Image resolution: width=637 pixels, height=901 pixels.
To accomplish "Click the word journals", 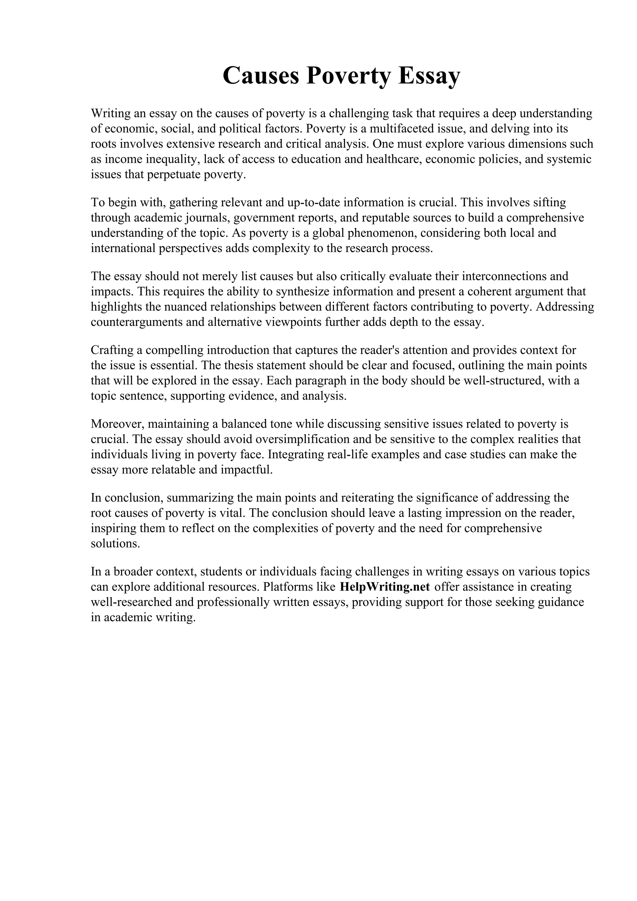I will [x=208, y=218].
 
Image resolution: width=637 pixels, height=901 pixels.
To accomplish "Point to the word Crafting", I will [x=113, y=350].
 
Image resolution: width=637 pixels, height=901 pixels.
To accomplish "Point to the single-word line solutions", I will [x=115, y=544].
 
